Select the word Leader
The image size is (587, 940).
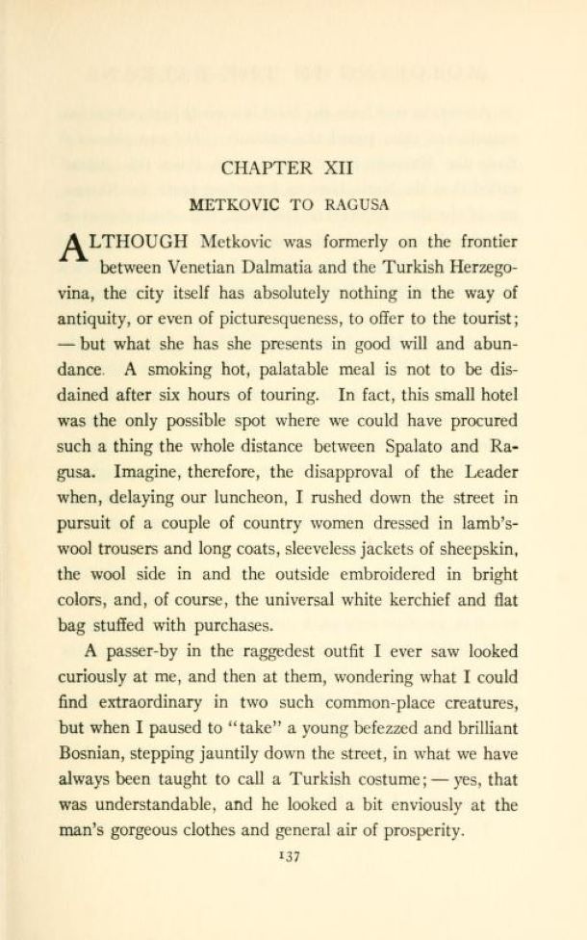tap(490, 471)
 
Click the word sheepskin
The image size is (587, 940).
tap(477, 548)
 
